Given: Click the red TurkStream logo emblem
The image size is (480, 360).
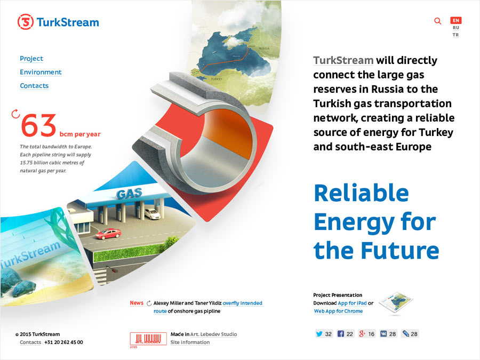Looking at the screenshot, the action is click(x=26, y=22).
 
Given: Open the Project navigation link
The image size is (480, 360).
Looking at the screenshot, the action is click(x=31, y=59).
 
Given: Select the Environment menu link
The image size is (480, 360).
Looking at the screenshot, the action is click(x=41, y=72).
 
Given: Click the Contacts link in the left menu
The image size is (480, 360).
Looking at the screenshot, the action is click(x=34, y=86).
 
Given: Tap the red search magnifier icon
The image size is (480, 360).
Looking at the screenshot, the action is click(x=438, y=21).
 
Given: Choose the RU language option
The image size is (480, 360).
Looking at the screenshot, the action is click(x=456, y=28).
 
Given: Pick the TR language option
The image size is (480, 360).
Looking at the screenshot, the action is click(x=456, y=35).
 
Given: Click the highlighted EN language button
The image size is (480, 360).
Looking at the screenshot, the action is click(x=456, y=20).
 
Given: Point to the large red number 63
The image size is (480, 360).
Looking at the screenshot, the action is click(x=38, y=125).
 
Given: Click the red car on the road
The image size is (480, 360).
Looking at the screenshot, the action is click(x=108, y=234).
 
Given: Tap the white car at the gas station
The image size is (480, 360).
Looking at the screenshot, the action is click(x=152, y=214).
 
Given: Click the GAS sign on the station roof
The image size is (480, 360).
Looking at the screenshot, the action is click(x=129, y=193).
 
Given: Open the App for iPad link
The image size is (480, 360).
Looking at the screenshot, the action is click(x=352, y=303).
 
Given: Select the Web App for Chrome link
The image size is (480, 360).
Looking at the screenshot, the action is click(x=338, y=311).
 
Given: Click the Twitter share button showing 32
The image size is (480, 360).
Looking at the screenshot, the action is click(x=324, y=334).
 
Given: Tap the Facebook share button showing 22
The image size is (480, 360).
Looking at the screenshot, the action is click(x=345, y=334).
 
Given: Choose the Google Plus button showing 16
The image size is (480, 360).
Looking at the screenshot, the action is click(x=367, y=334).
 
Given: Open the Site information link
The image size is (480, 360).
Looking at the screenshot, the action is click(x=190, y=342).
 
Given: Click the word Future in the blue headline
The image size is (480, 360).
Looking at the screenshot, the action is click(x=400, y=251).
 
